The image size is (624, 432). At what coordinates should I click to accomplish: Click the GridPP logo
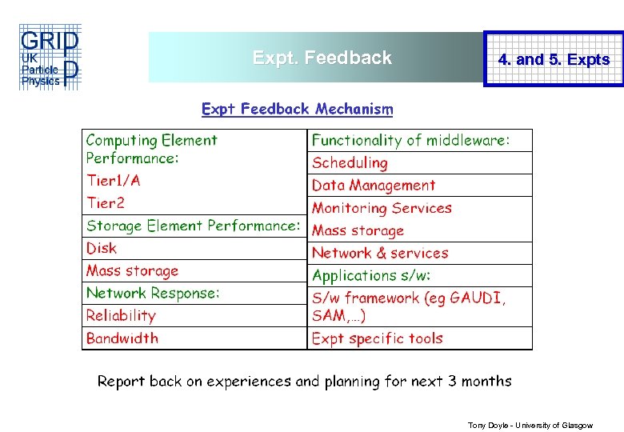coord(49,58)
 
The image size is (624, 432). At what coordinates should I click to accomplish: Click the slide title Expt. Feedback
coord(322,58)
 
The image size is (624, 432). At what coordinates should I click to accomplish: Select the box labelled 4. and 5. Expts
coord(554,59)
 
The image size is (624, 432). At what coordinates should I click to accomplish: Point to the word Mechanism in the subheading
coord(354,109)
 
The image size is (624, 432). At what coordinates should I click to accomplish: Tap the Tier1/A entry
coord(114,181)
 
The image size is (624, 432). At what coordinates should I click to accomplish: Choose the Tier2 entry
coord(106,203)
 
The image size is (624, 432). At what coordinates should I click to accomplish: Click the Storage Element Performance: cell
coord(193,226)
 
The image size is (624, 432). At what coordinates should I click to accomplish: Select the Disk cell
coord(102,248)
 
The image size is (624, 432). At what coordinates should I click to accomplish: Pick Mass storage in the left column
coord(132,270)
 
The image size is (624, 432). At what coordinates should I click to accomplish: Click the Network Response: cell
coord(153,293)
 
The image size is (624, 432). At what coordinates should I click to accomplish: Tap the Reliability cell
coord(121,315)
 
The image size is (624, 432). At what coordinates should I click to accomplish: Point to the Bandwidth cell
coord(122,338)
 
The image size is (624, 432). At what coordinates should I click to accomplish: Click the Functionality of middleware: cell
coord(410,140)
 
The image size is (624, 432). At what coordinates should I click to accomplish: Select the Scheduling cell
coord(350,162)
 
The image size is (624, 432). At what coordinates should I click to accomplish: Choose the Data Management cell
coord(374,185)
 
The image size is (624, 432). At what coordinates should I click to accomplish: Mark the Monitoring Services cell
coord(382,208)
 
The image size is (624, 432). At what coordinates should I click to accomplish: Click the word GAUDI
coord(477,298)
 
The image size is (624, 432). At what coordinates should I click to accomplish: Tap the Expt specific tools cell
coord(377,338)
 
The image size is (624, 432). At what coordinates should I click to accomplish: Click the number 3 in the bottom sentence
coord(453,381)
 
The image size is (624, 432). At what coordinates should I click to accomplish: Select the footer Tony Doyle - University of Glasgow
coord(530,426)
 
